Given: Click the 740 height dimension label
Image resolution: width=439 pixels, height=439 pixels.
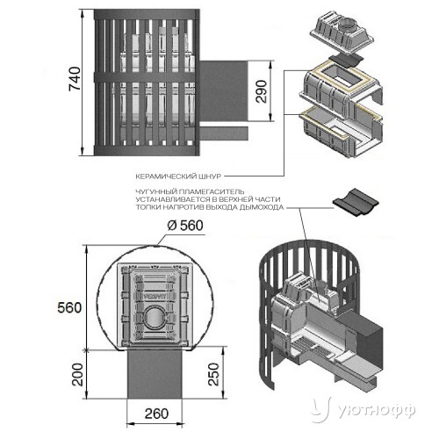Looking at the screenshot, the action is click(x=75, y=79).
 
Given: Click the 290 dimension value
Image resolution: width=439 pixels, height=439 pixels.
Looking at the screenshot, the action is click(x=262, y=91).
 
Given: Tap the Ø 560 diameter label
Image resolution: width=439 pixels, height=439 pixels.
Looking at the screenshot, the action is click(x=185, y=226).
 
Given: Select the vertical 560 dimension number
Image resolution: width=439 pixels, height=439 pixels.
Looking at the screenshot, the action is click(x=69, y=308).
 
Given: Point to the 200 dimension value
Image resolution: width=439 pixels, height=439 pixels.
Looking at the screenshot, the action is click(x=78, y=375).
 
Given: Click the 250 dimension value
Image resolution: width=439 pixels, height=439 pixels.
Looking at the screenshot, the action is click(x=213, y=374).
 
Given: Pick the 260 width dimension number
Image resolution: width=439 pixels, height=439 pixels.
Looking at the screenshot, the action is click(x=156, y=414).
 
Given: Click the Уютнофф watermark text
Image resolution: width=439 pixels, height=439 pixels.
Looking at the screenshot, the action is click(x=378, y=411).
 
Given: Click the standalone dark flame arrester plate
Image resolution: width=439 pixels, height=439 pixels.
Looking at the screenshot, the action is click(x=356, y=202).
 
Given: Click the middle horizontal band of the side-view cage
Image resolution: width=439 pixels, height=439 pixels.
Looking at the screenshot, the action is click(x=146, y=77).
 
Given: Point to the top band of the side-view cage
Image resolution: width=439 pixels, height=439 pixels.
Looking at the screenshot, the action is click(x=147, y=15).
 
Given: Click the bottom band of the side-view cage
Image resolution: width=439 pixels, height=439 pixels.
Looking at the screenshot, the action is click(x=146, y=150).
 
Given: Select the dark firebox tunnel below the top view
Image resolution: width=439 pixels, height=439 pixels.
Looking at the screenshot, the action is click(x=155, y=373).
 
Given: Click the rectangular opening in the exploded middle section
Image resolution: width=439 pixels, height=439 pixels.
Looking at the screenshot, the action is click(x=344, y=76).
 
